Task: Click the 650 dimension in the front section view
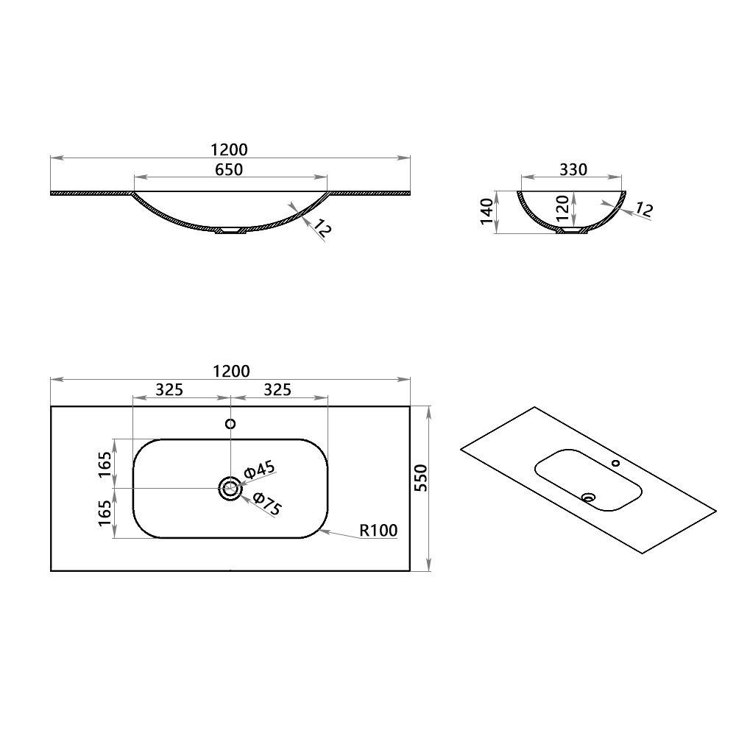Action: tap(230, 169)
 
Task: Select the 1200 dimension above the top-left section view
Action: tap(230, 149)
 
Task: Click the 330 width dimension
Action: tap(573, 169)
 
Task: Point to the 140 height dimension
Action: tap(486, 212)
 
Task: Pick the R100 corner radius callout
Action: tap(379, 530)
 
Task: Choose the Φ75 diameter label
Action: tap(267, 503)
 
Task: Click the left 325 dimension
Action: tap(169, 390)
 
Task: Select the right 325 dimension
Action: tap(277, 390)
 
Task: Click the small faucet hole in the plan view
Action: tap(230, 424)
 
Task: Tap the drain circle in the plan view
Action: tap(230, 488)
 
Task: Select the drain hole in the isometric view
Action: tap(587, 498)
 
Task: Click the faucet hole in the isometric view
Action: tap(616, 464)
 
